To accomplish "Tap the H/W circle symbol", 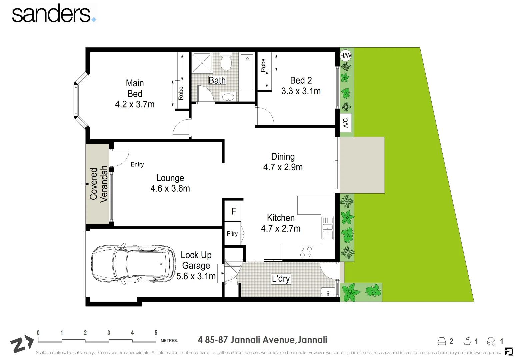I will (345, 55).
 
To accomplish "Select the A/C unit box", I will (345, 123).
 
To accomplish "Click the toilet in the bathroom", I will (227, 62).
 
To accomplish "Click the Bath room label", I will (217, 80).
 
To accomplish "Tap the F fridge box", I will (234, 211).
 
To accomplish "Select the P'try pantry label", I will (232, 234).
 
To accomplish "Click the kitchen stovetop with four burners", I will (306, 252).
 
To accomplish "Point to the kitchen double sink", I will (327, 228).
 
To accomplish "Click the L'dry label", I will (281, 279).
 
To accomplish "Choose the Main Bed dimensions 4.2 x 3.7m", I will (135, 104).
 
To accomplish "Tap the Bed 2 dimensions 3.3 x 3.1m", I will (301, 91).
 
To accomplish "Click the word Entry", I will (137, 164).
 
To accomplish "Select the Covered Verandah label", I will (98, 184).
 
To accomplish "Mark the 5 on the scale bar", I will (156, 333).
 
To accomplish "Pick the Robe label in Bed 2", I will (263, 65).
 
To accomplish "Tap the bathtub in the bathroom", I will (247, 72).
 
